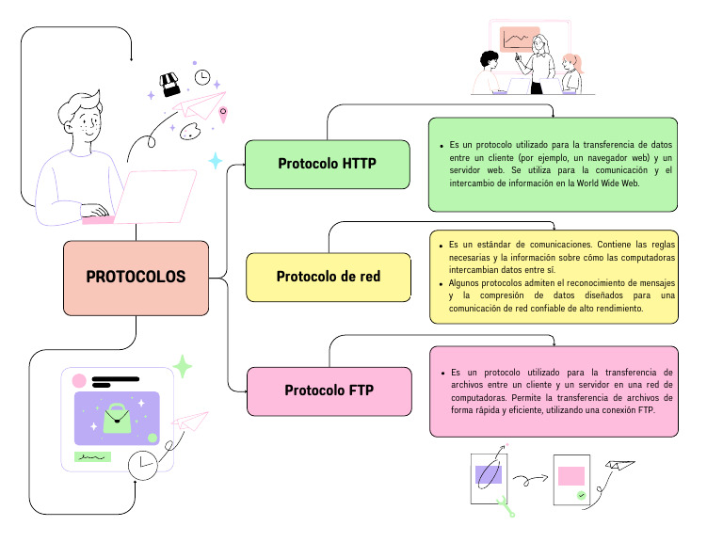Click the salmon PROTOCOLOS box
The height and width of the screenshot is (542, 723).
pyautogui.click(x=136, y=278)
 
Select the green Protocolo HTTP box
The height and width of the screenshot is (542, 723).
pyautogui.click(x=327, y=164)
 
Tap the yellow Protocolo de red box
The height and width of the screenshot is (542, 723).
pyautogui.click(x=329, y=277)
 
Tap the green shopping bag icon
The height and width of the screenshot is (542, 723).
pyautogui.click(x=118, y=416)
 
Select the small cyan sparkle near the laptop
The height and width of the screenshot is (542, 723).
pyautogui.click(x=216, y=161)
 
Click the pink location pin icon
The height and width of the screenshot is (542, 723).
pyautogui.click(x=223, y=114)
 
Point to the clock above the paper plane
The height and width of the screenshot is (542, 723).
pyautogui.click(x=202, y=76)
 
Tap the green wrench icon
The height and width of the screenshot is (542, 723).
pyautogui.click(x=506, y=506)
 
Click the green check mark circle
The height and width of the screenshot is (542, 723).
pyautogui.click(x=582, y=494)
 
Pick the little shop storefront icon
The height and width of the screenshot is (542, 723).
pyautogui.click(x=169, y=86)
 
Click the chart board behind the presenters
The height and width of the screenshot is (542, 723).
pyautogui.click(x=518, y=40)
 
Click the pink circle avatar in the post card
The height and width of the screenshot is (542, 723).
pyautogui.click(x=79, y=381)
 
